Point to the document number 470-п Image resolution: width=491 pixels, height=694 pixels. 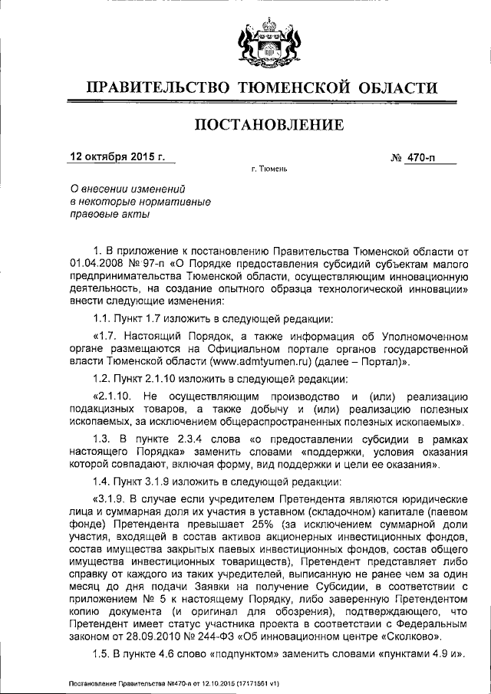point(429,158)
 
